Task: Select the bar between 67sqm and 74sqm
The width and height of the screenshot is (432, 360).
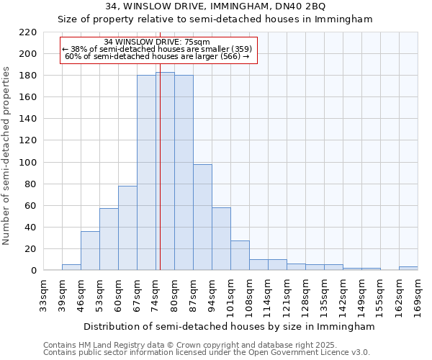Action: click(146, 173)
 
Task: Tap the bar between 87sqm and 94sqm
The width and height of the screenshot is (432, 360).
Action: click(202, 217)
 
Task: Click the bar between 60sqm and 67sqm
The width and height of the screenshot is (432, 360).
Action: click(127, 228)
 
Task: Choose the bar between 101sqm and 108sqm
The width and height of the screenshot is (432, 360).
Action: click(240, 256)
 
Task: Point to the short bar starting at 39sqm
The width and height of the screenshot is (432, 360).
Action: click(71, 267)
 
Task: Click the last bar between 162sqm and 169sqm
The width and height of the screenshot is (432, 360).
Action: click(408, 268)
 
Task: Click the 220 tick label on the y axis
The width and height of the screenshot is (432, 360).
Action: click(28, 32)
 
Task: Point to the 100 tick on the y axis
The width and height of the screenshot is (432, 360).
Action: click(28, 163)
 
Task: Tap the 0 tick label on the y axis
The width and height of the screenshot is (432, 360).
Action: click(33, 271)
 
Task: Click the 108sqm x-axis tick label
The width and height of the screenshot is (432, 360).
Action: click(249, 297)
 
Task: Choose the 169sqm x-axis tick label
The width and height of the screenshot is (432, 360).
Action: click(418, 297)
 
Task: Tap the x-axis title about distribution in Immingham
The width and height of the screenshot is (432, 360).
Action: click(229, 326)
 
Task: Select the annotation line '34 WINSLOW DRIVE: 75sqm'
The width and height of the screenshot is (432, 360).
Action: click(157, 42)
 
